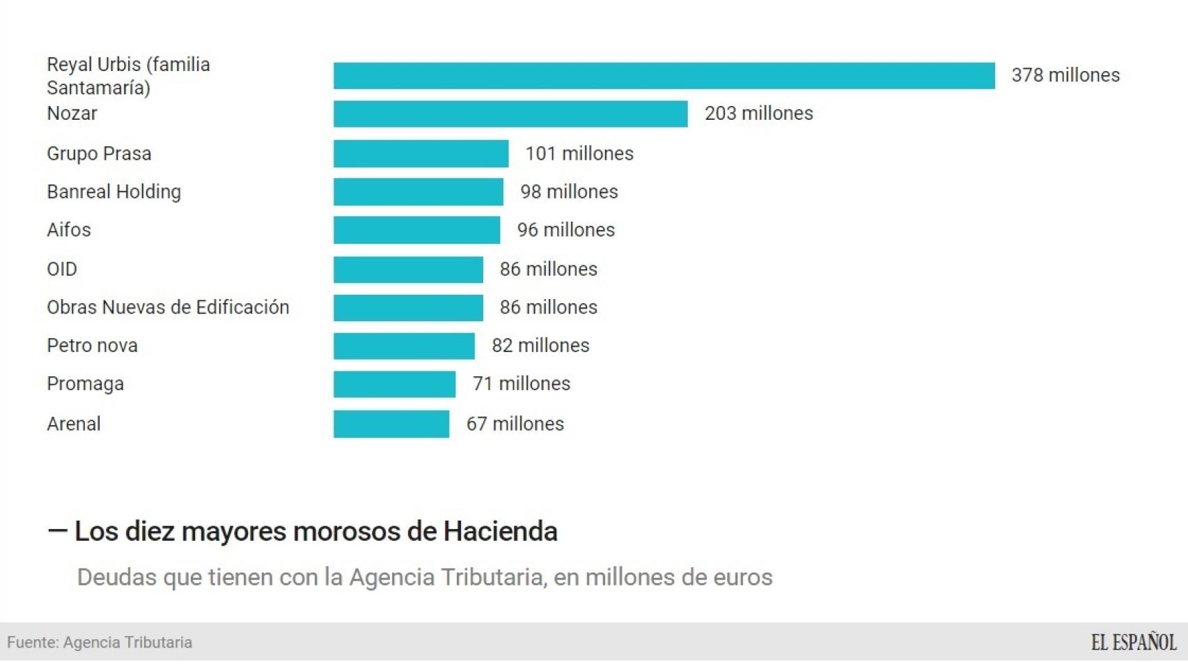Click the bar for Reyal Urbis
[x=664, y=75]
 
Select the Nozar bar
[x=510, y=114]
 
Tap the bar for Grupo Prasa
[x=421, y=153]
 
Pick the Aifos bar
[x=416, y=230]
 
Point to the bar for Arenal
[x=391, y=424]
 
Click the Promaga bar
[x=394, y=384]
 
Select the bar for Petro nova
[x=404, y=346]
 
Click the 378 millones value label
[x=1065, y=75]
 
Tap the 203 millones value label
[x=758, y=114]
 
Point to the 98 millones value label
[x=569, y=192]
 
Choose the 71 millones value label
[x=522, y=384]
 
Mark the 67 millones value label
[x=515, y=424]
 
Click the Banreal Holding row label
[x=114, y=192]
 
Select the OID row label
[x=62, y=269]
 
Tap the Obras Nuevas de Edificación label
[x=168, y=307]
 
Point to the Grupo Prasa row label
[x=99, y=153]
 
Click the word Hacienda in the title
[x=500, y=532]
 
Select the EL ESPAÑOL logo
[x=1133, y=642]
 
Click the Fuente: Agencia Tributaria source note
[x=100, y=643]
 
